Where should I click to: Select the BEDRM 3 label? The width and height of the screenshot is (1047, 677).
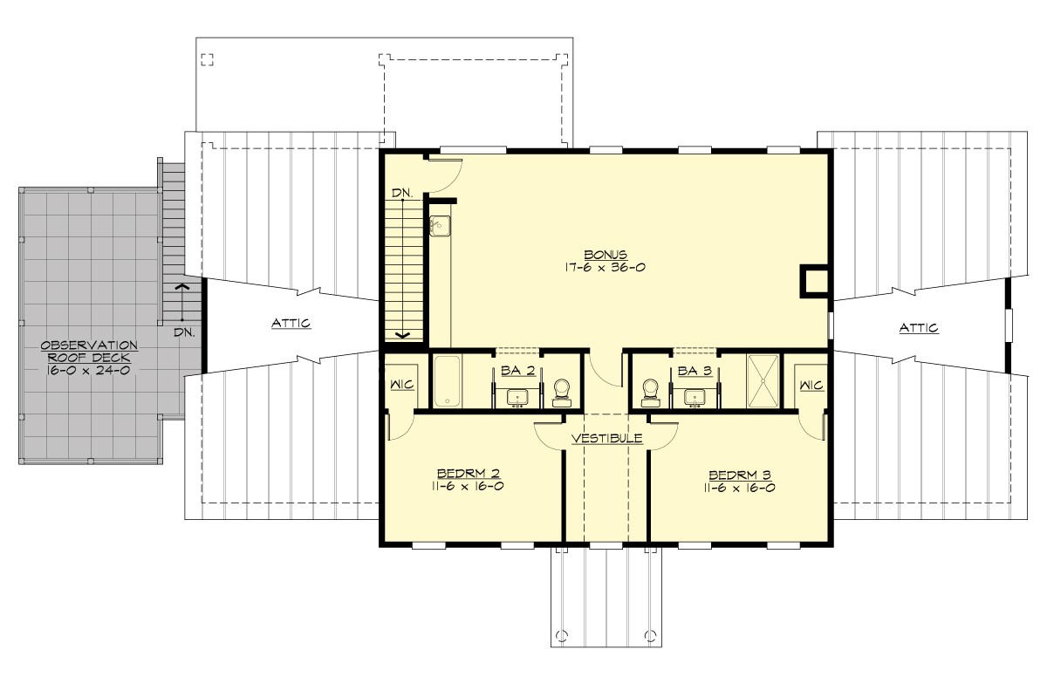click(740, 475)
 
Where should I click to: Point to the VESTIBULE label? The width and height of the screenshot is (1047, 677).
click(607, 438)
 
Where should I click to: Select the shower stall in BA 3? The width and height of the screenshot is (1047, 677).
click(764, 380)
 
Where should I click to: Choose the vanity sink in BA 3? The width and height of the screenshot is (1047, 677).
click(695, 397)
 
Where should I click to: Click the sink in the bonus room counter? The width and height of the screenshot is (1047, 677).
click(438, 226)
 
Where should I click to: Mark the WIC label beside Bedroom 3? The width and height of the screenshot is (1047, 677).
click(811, 385)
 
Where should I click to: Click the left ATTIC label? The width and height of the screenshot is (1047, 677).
click(291, 324)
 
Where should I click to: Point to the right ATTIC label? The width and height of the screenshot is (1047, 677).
click(919, 328)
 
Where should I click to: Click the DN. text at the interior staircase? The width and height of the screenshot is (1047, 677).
click(401, 192)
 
